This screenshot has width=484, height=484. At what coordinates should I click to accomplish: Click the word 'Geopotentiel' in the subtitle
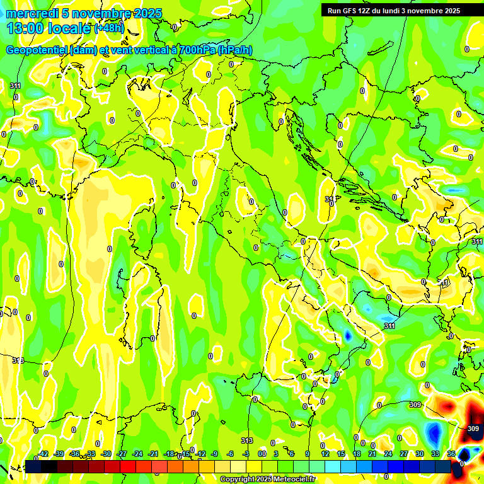tap(37, 51)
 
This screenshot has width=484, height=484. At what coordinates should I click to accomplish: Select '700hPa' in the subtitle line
tap(195, 51)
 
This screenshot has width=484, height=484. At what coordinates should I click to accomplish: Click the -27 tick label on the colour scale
tap(122, 454)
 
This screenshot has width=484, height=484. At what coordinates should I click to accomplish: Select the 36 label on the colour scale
tap(451, 454)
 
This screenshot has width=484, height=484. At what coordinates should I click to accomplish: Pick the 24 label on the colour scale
tap(388, 454)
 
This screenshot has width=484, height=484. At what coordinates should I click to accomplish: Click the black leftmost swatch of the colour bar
tap(33, 466)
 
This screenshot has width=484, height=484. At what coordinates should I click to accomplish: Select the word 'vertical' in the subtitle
tap(145, 51)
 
